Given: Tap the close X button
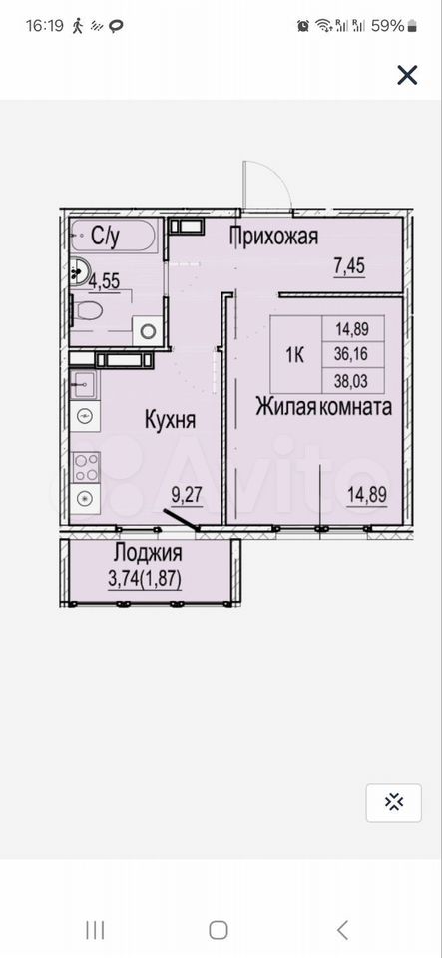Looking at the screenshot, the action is click(407, 75).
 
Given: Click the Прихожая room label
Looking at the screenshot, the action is click(274, 236).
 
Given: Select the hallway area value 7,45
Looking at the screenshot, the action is click(350, 266).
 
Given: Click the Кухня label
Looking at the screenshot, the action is click(170, 420).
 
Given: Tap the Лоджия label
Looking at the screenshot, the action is click(148, 553).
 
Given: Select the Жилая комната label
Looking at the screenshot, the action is click(323, 407).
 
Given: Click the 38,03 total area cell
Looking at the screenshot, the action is click(353, 381).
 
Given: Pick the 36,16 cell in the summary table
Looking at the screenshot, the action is click(353, 355).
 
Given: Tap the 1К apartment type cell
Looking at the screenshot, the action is click(296, 355).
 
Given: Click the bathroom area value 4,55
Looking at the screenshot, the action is click(104, 281).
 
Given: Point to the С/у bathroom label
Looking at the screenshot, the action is click(105, 238).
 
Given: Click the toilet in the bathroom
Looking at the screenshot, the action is click(87, 310).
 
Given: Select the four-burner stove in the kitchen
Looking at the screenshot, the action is click(86, 467).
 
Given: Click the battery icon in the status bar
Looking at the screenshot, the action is click(413, 26).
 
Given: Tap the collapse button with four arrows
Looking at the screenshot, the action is click(394, 802).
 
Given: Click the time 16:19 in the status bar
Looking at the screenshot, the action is click(45, 26).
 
